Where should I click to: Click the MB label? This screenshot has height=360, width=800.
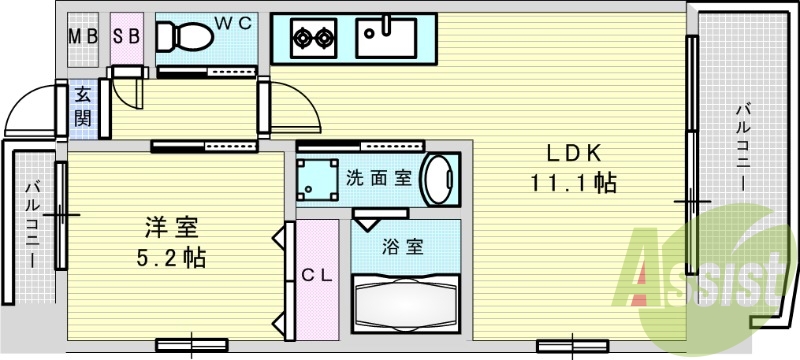82,37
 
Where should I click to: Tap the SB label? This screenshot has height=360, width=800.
126,37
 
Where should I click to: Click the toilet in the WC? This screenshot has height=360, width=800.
184,38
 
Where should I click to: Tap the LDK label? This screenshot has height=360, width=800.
572,154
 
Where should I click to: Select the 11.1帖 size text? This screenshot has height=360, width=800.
572,183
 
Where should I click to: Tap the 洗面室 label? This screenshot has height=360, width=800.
379,179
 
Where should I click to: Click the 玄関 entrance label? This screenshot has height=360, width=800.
82,107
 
